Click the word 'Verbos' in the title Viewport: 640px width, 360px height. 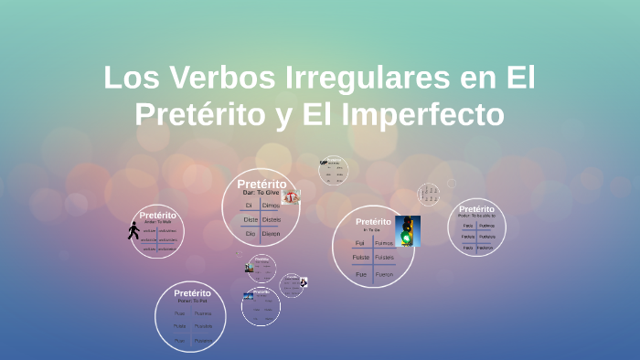click(x=203, y=79)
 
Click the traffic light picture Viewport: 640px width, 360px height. click(x=408, y=231)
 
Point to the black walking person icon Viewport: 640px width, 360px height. click(x=134, y=230)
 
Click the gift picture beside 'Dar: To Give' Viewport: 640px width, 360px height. click(x=291, y=196)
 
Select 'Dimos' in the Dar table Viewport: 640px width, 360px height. click(x=272, y=206)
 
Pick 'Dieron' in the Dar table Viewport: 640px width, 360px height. click(x=272, y=234)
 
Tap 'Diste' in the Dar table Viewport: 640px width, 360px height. click(x=251, y=219)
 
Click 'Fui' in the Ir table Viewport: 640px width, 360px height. click(x=360, y=244)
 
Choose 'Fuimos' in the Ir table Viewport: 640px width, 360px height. click(x=384, y=244)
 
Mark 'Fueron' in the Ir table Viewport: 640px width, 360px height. click(x=384, y=274)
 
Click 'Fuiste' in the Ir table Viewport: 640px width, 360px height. click(x=360, y=259)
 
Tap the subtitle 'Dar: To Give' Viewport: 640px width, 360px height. click(x=261, y=193)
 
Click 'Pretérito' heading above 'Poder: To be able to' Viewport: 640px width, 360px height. click(x=476, y=209)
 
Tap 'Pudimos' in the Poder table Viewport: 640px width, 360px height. click(x=487, y=225)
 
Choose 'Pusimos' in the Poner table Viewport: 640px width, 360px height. click(x=203, y=313)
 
